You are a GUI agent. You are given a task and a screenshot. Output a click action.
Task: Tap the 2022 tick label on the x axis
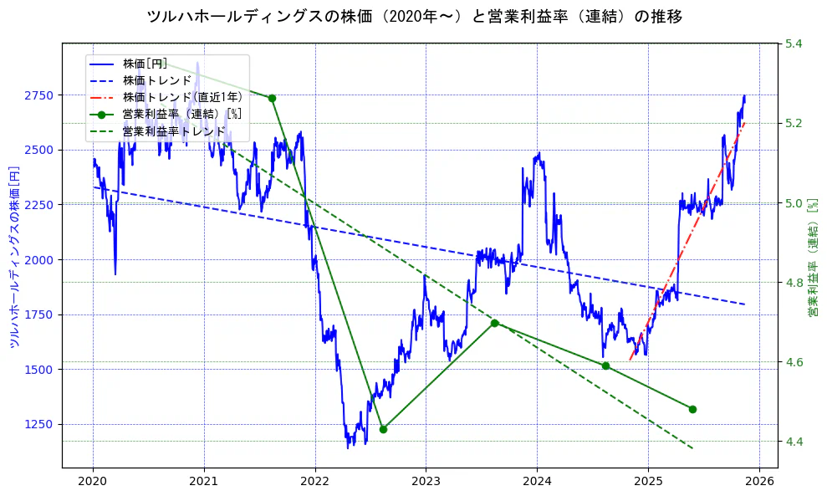[x=315, y=482]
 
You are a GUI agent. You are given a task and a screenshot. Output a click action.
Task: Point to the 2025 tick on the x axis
[x=648, y=482]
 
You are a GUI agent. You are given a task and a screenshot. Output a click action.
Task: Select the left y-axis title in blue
[x=14, y=256]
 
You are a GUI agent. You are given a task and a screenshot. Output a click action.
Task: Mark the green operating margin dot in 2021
[x=272, y=98]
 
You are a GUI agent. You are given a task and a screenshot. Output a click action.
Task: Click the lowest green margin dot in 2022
[x=383, y=429]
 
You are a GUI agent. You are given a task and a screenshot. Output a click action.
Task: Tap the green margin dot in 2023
[x=494, y=323]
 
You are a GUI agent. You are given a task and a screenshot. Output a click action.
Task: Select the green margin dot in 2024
[x=605, y=366]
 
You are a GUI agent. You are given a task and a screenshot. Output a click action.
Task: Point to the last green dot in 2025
[x=692, y=409]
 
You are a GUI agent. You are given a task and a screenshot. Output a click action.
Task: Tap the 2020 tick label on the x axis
[x=93, y=482]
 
